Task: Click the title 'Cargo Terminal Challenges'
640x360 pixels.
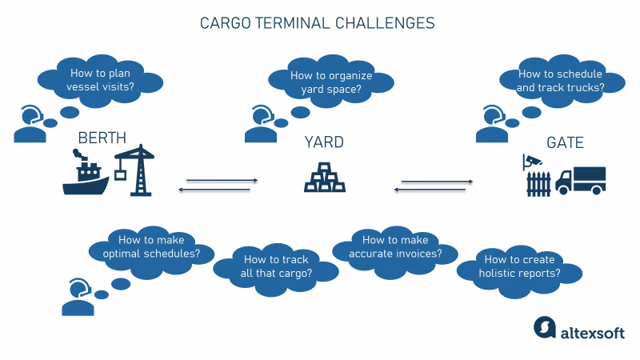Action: [317, 23]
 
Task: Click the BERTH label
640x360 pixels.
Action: [102, 138]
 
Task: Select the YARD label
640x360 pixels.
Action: [324, 142]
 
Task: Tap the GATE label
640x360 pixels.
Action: [564, 143]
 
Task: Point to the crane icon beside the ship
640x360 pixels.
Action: [134, 169]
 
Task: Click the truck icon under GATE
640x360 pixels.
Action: [581, 180]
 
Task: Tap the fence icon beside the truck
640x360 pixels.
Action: [539, 183]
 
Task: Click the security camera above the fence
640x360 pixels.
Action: [531, 160]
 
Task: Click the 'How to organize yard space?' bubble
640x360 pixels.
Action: [330, 82]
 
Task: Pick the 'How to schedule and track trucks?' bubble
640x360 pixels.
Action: [561, 80]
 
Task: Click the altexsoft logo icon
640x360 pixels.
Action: [544, 329]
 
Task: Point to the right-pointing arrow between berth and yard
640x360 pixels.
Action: [222, 181]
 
